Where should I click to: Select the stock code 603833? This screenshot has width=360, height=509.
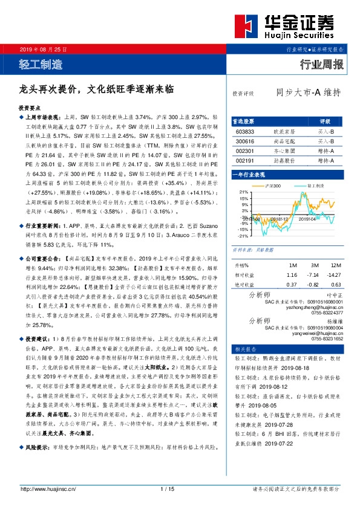click(x=245, y=131)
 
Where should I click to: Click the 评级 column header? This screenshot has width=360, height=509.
click(x=325, y=121)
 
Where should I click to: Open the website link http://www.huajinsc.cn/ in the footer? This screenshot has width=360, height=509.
click(x=48, y=488)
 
